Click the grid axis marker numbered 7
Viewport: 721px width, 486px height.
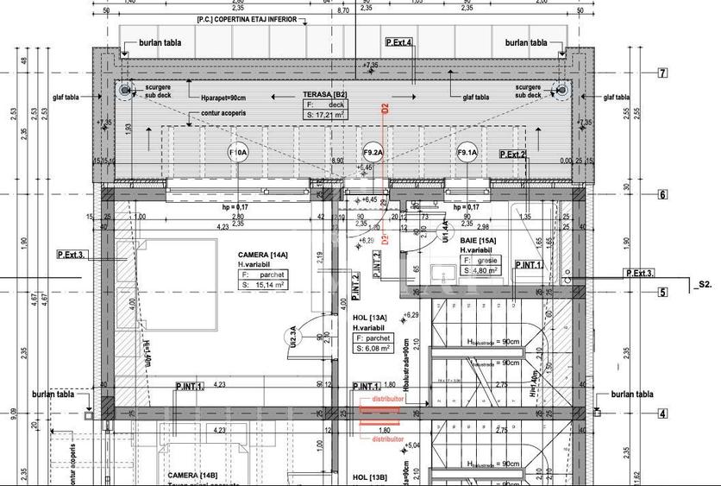click(x=662, y=73)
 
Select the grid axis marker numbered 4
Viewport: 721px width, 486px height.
click(x=662, y=413)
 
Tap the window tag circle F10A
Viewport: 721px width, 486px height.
click(x=237, y=153)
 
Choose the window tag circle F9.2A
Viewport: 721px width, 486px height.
click(x=373, y=153)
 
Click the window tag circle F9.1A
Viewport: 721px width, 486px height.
click(x=467, y=153)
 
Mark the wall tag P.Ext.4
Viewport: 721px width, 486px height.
click(x=398, y=41)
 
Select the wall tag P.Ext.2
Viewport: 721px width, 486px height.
click(x=512, y=154)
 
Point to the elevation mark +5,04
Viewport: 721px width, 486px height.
click(x=414, y=446)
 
